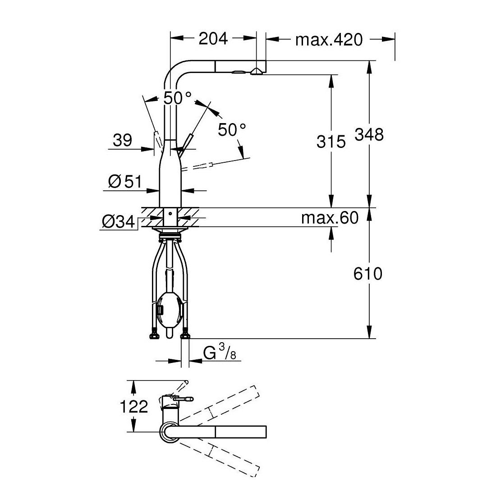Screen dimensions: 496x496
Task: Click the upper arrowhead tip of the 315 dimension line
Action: coord(331,75)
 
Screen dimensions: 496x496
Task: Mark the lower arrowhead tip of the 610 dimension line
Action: coord(369,339)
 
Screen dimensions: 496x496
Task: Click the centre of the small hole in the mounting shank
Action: coord(170,214)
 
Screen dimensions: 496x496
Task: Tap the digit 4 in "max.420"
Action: coord(333,40)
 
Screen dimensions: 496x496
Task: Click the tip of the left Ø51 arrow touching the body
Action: coord(159,190)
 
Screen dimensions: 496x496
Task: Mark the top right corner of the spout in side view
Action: coord(266,60)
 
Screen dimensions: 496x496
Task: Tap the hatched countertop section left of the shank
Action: coord(152,217)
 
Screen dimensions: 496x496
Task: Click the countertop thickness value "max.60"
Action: coord(330,218)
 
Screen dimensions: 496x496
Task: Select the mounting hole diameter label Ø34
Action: coord(118,222)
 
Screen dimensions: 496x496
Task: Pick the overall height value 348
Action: coord(369,134)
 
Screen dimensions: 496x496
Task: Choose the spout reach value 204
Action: coord(213,39)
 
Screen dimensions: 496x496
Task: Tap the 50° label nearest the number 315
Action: coord(232,130)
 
